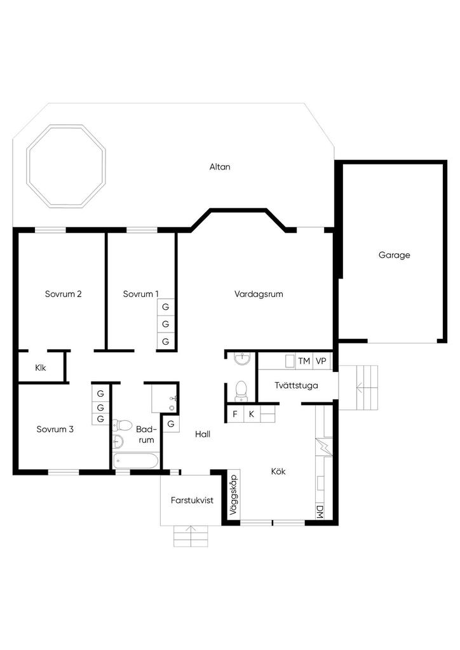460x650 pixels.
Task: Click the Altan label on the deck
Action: [x=219, y=167]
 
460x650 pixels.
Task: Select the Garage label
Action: [x=394, y=255]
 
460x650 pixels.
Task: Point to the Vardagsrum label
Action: [x=259, y=295]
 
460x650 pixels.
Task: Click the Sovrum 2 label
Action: [x=63, y=294]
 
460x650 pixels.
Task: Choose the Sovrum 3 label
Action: [x=55, y=429]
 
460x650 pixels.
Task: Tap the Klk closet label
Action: [x=41, y=368]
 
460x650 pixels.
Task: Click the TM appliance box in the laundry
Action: [x=304, y=361]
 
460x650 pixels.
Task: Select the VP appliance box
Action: [x=321, y=361]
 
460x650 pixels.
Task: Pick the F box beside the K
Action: [x=235, y=414]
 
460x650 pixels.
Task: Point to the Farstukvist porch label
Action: [x=192, y=500]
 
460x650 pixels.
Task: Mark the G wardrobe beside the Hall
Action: [x=170, y=425]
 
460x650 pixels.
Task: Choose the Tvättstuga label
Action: [x=296, y=385]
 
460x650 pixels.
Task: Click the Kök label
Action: [x=278, y=472]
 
